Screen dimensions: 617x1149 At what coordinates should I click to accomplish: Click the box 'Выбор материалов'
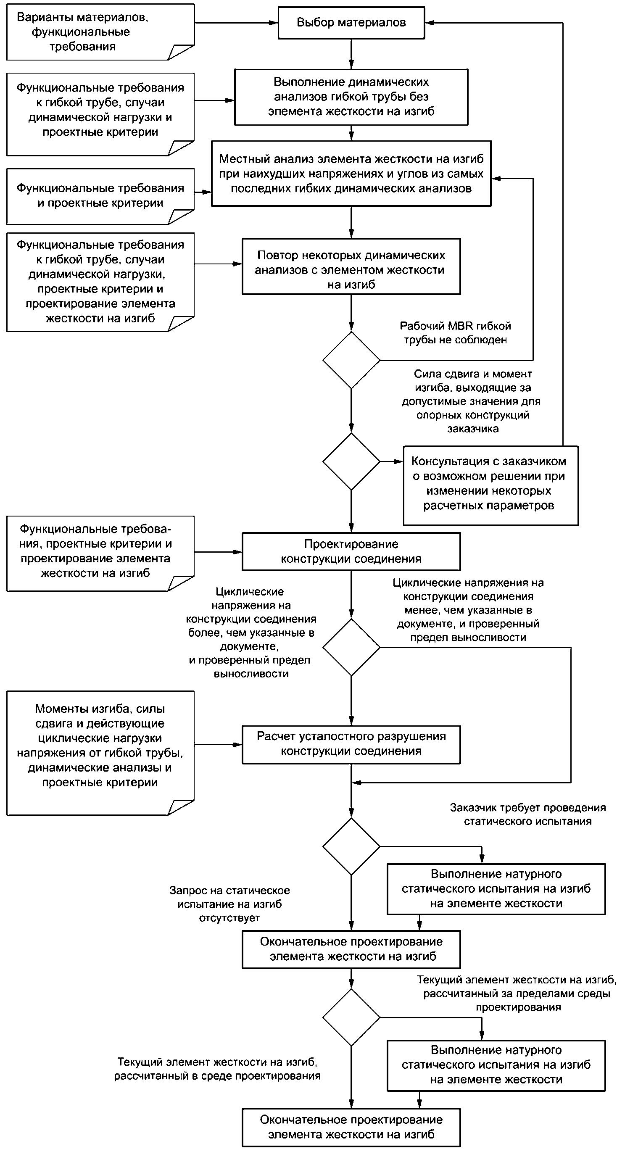coord(351,23)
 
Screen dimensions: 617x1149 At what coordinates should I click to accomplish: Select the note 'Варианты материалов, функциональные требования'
coord(100,32)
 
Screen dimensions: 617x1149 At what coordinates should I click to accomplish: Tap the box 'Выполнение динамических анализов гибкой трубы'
coord(351,97)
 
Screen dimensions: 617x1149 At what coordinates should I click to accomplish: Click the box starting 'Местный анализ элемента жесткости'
coord(351,174)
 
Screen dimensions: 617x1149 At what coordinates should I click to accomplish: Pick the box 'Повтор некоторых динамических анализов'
coord(351,266)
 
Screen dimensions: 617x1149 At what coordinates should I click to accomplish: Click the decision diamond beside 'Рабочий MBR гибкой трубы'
coord(351,360)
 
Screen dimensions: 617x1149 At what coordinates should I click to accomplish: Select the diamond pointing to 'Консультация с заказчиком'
coord(351,461)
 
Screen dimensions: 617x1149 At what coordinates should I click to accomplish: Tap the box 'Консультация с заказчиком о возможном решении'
coord(491,486)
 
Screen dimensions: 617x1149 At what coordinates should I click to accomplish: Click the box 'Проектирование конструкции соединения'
coord(351,552)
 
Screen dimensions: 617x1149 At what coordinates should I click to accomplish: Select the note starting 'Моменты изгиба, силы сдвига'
coord(100,754)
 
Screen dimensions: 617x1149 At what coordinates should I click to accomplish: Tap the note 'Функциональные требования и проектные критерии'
coord(100,196)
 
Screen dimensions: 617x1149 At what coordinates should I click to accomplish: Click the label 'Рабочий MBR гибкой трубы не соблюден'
coord(455,333)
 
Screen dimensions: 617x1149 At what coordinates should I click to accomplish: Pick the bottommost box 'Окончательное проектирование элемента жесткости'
coord(351,1127)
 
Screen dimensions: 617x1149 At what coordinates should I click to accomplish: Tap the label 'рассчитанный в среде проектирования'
coord(217,1076)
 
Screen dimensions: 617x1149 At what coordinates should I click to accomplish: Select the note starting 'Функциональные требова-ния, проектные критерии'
coord(100,553)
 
